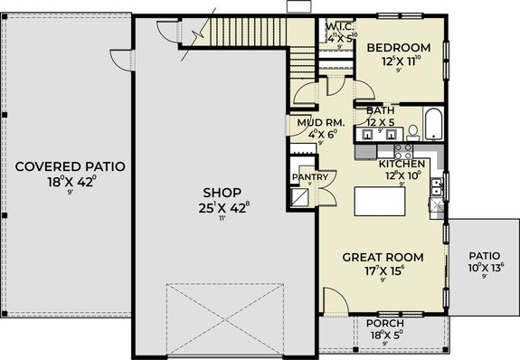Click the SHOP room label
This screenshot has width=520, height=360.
click(x=221, y=193)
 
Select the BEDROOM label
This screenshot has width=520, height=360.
click(x=399, y=47)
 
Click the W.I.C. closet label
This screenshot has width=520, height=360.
click(x=339, y=27)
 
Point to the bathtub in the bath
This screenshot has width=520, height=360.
click(x=432, y=128)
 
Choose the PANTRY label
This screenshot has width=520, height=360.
click(x=302, y=177)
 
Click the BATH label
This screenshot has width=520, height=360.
click(x=381, y=110)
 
